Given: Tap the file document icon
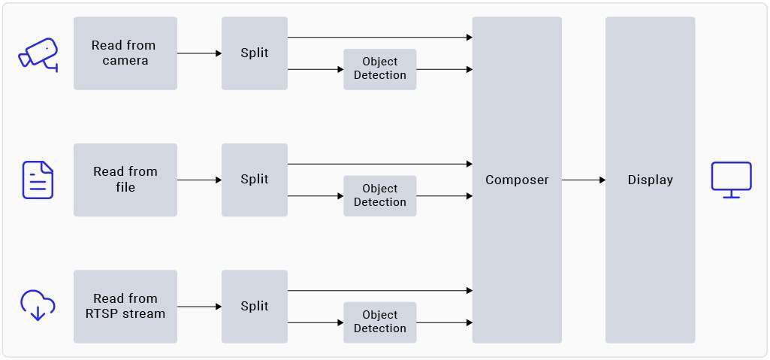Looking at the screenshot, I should [x=38, y=180].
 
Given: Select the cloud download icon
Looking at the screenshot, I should [x=38, y=304].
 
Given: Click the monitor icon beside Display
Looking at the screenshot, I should [x=731, y=180].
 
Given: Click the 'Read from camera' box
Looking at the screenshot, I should [x=125, y=53].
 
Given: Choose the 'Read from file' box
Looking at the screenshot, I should [x=125, y=180].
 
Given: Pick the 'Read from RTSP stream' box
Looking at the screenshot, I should [x=125, y=306].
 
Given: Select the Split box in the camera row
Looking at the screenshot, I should [x=254, y=53].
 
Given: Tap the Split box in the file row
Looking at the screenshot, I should [x=254, y=180].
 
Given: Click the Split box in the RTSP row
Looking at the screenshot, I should [x=254, y=306].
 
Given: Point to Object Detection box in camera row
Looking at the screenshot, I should [x=379, y=69].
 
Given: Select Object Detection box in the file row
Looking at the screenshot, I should [x=379, y=195].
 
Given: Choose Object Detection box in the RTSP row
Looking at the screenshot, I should [x=379, y=322].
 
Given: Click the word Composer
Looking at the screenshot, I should [x=517, y=180].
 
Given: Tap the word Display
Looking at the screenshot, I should [x=650, y=180].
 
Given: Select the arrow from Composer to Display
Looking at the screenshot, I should [x=584, y=180].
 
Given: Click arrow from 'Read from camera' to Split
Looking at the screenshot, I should [x=199, y=53].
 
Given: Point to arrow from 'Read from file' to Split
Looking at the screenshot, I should [x=199, y=180].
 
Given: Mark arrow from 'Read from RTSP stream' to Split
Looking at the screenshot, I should [x=199, y=307].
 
